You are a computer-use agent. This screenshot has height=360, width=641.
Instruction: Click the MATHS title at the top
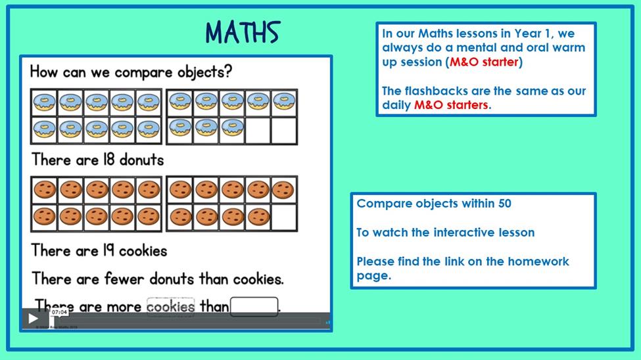[243, 32]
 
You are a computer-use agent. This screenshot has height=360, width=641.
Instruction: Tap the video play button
[33, 319]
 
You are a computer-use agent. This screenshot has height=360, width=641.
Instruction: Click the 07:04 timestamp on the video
[60, 312]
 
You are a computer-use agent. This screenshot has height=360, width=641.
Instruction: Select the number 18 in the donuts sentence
[108, 160]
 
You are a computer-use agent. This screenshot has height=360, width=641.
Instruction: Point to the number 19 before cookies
[108, 250]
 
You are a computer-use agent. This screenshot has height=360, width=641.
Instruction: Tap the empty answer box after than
[254, 307]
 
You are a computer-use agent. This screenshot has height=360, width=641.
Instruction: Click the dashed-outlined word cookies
[170, 307]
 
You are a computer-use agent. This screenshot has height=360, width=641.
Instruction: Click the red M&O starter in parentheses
[484, 62]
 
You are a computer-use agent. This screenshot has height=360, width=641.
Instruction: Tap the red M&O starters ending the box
[451, 105]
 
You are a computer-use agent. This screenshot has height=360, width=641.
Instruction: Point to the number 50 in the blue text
[505, 204]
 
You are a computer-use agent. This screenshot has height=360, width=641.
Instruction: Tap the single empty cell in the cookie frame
[284, 217]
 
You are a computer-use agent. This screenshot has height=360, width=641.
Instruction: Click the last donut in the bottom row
[232, 127]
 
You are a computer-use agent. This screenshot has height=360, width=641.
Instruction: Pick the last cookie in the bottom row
[258, 217]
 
